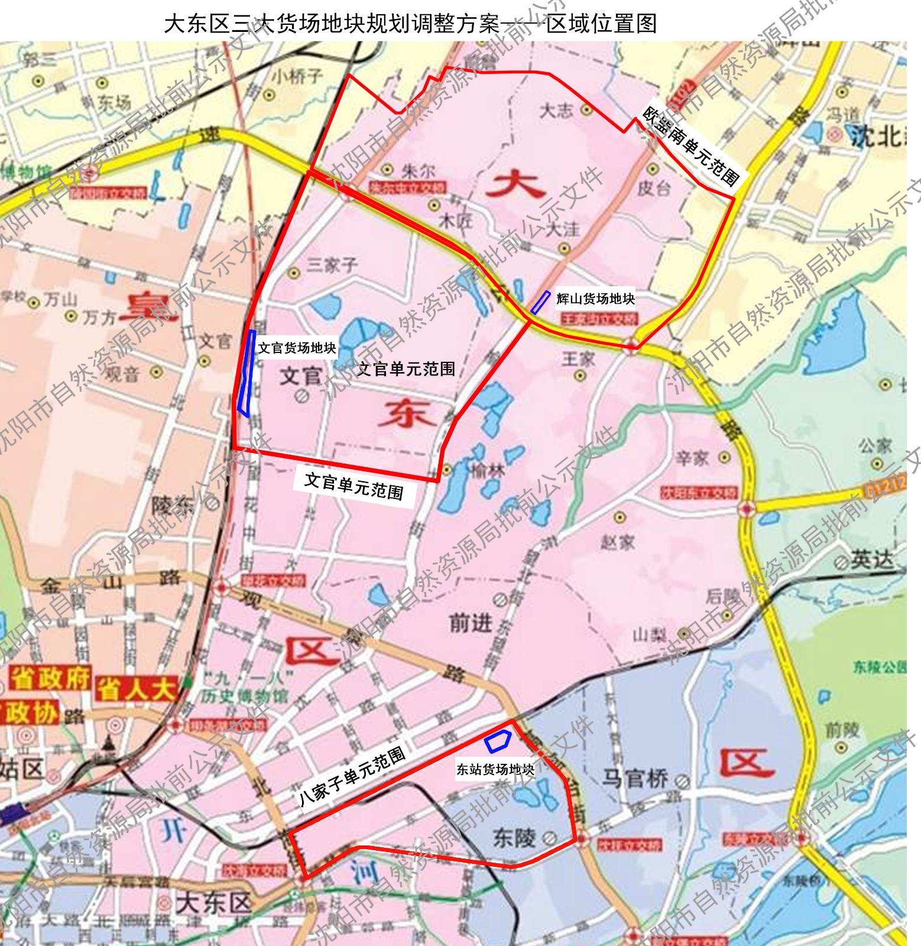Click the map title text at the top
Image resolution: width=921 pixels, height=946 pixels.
[x=410, y=24]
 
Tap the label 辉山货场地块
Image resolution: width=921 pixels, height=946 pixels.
[x=595, y=299]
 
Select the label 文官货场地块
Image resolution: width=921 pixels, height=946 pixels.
[x=297, y=348]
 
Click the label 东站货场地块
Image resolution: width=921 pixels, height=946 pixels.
[x=495, y=769]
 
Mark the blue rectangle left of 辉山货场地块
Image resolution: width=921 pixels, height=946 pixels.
[x=540, y=302]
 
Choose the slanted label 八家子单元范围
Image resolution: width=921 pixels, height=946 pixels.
[x=352, y=776]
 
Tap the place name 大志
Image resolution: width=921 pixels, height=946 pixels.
[x=556, y=111]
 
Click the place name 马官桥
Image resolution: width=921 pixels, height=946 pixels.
[x=635, y=779]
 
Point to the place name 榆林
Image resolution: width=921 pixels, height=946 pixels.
[x=488, y=471]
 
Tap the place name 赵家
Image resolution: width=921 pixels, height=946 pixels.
[x=618, y=542]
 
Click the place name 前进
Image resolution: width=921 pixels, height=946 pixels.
[x=471, y=623]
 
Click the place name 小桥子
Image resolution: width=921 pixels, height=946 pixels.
[x=297, y=76]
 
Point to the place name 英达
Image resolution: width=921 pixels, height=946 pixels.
[x=872, y=559]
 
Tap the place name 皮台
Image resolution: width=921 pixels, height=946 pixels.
[x=654, y=188]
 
